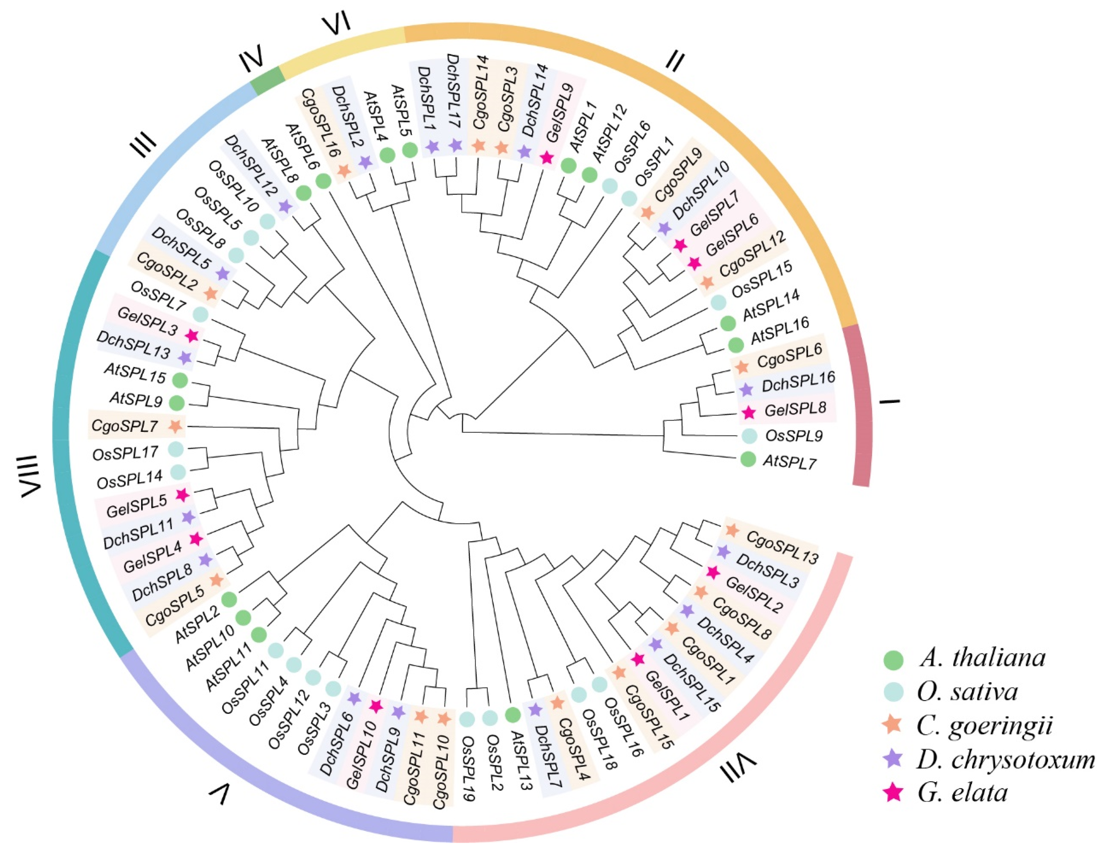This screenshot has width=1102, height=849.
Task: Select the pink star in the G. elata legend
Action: (894, 793)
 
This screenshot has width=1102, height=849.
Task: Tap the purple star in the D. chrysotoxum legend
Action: (894, 758)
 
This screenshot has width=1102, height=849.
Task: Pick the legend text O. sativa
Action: (967, 691)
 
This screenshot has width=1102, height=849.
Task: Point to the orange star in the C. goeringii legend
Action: (894, 724)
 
